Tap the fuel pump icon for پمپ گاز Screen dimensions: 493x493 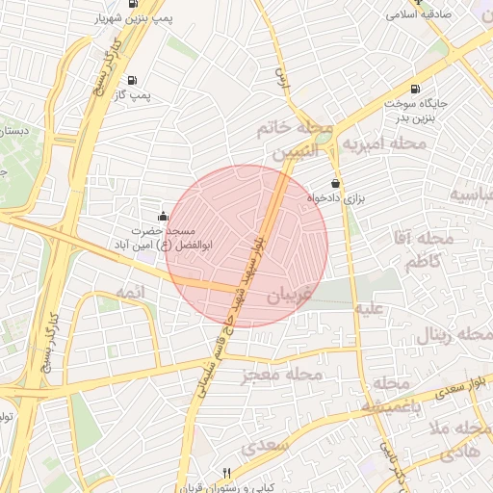(x=131, y=80)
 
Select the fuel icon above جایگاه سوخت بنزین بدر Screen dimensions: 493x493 (x=415, y=88)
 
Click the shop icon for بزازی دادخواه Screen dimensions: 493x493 (x=335, y=183)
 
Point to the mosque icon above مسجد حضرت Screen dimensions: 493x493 (x=162, y=216)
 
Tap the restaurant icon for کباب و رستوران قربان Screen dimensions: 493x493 (x=226, y=473)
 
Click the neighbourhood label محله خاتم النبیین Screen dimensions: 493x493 (x=295, y=140)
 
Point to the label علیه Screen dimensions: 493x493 (x=371, y=309)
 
